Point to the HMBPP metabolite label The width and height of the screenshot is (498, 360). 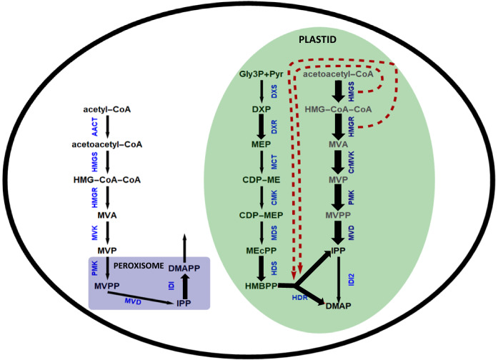coord(262,284)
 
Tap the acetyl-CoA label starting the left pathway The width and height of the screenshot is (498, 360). coord(107,109)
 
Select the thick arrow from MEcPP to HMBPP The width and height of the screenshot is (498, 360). coord(262,266)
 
